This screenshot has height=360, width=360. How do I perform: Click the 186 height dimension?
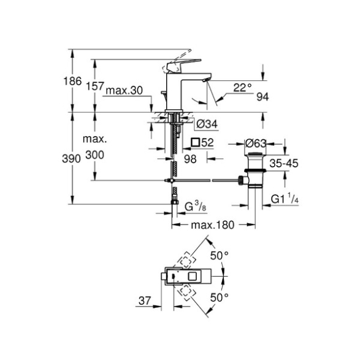pyautogui.click(x=72, y=82)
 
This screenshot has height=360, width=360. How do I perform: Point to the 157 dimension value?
pyautogui.click(x=95, y=86)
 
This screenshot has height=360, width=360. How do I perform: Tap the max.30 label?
pyautogui.click(x=124, y=90)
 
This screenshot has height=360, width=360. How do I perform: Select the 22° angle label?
pyautogui.click(x=242, y=88)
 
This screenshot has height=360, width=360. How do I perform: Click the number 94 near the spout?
pyautogui.click(x=262, y=97)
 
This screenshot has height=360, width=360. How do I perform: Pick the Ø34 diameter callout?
pyautogui.click(x=207, y=124)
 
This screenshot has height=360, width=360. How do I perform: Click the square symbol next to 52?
pyautogui.click(x=196, y=142)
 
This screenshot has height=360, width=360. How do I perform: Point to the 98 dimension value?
pyautogui.click(x=190, y=159)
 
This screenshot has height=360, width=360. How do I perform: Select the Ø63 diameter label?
pyautogui.click(x=256, y=144)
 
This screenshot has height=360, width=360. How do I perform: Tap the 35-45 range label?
pyautogui.click(x=284, y=164)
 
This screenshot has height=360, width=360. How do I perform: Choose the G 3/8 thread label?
pyautogui.click(x=196, y=206)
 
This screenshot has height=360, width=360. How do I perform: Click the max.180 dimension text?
pyautogui.click(x=213, y=225)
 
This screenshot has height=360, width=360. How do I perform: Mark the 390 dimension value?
pyautogui.click(x=71, y=159)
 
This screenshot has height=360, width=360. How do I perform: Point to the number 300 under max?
pyautogui.click(x=95, y=155)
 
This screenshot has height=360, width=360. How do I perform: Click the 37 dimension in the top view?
pyautogui.click(x=145, y=301)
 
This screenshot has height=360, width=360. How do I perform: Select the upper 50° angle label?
pyautogui.click(x=220, y=256)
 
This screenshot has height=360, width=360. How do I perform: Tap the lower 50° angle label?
pyautogui.click(x=220, y=298)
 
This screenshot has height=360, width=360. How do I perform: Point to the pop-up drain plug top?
pyautogui.click(x=256, y=154)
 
